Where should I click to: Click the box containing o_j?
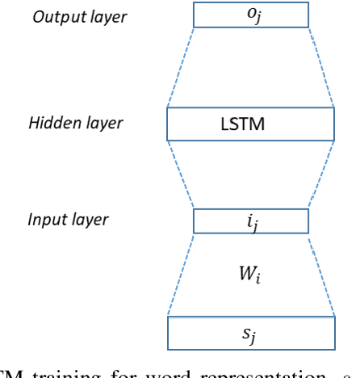(x=250, y=15)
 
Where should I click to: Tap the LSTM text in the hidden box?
(x=242, y=124)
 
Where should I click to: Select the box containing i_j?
(x=250, y=221)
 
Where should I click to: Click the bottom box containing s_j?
(x=250, y=332)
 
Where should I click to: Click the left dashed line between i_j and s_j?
(x=180, y=275)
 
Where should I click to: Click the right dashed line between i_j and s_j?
(x=321, y=275)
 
